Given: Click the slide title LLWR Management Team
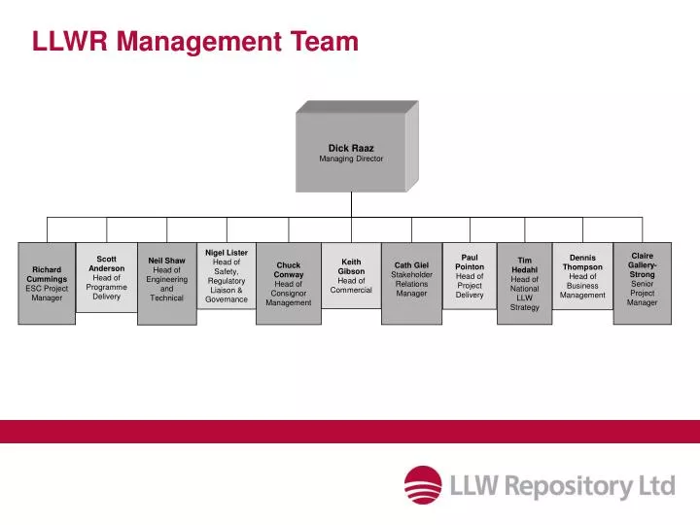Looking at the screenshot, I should (195, 41).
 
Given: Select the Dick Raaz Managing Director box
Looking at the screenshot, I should (351, 153).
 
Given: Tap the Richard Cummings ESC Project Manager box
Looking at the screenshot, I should (47, 283).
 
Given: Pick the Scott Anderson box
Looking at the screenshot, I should (106, 277).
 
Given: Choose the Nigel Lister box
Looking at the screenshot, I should (227, 275).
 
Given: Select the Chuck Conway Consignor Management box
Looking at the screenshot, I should (289, 283).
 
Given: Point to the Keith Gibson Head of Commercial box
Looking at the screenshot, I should (351, 275).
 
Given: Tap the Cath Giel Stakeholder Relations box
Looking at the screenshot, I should (411, 279).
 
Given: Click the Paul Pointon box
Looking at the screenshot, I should (470, 276).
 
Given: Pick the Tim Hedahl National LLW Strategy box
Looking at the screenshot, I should (525, 283).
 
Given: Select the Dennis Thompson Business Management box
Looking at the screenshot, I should (582, 276).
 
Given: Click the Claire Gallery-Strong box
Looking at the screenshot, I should (642, 280).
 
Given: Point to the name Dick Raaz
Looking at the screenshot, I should (351, 148).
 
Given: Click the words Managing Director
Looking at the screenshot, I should (351, 158).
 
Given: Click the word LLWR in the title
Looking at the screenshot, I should (71, 41).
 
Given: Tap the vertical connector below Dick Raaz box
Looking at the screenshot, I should (351, 204).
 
